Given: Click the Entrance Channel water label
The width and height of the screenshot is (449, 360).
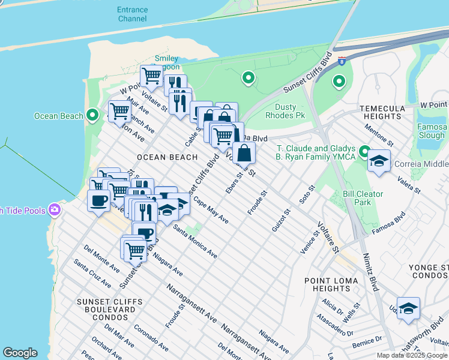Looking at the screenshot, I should tap(132, 14).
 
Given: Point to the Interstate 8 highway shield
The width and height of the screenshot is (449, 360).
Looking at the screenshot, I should tap(342, 61).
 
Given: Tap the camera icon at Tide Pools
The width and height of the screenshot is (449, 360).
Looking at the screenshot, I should tap(55, 209).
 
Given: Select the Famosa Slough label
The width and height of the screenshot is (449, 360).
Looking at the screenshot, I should tap(432, 131).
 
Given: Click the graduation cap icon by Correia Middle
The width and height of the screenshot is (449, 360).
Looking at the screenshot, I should tap(378, 161).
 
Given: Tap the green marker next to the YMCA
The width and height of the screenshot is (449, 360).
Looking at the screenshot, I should tap(364, 151).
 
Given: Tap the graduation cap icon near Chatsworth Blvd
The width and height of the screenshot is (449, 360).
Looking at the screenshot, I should tap(408, 308).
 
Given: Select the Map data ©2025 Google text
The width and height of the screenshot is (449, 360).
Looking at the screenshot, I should tap(412, 355).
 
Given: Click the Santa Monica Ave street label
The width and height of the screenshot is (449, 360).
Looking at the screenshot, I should tap(195, 241).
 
